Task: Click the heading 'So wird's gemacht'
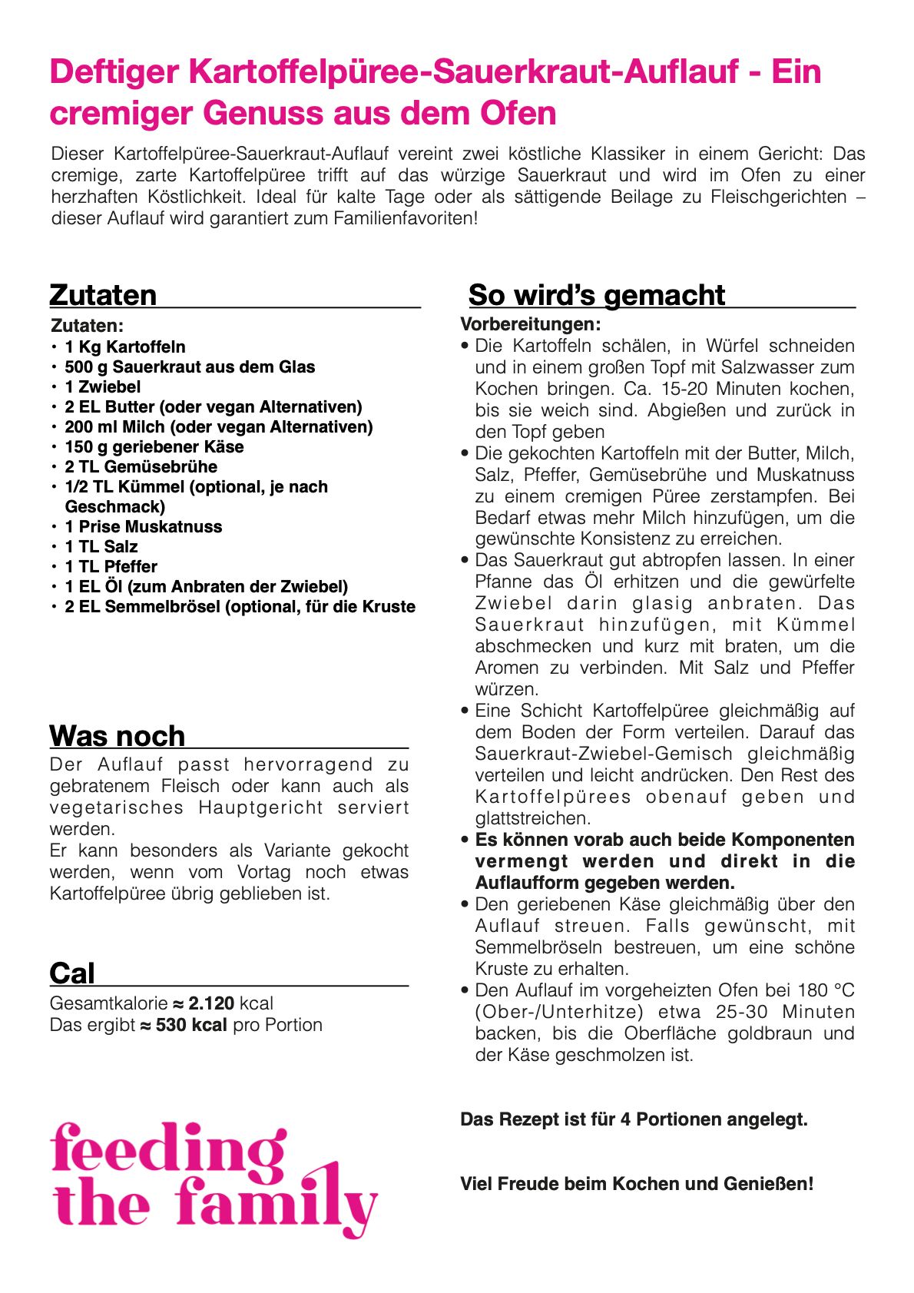pos(596,295)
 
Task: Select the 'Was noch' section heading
pos(118,736)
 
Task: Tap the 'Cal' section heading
pos(72,973)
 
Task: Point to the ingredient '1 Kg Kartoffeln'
pos(124,347)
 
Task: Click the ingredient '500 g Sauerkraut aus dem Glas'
pos(190,367)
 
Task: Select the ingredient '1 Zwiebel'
pos(102,387)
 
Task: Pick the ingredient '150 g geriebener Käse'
pos(154,447)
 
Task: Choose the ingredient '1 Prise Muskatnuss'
pos(143,527)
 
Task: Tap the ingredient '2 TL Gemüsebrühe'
pos(141,467)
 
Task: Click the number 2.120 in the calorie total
pos(211,1003)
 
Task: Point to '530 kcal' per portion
pos(191,1025)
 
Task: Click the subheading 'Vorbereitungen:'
pos(530,324)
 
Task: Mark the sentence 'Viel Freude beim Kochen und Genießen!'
pos(637,1184)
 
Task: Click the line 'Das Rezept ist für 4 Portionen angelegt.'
pos(634,1119)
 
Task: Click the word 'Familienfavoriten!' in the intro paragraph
pos(406,218)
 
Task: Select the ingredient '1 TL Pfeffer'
pos(111,567)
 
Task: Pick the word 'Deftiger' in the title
pos(114,71)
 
